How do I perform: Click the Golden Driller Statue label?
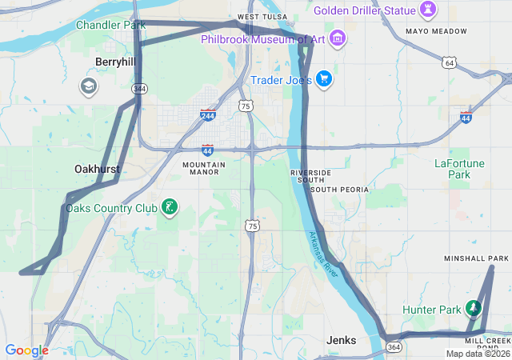point(365,10)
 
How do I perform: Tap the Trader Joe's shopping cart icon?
point(324,78)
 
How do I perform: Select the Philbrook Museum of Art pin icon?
point(337,38)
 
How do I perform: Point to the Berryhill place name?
point(116,62)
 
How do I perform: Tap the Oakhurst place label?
point(97,169)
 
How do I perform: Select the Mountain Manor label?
point(204,168)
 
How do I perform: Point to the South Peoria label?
point(339,190)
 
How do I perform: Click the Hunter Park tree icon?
point(474,309)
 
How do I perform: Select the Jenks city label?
point(341,340)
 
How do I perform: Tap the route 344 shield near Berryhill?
point(140,88)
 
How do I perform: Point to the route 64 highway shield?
point(450,62)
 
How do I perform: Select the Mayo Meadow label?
point(436,31)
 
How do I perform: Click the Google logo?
point(26,350)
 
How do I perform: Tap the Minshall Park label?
point(476,259)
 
